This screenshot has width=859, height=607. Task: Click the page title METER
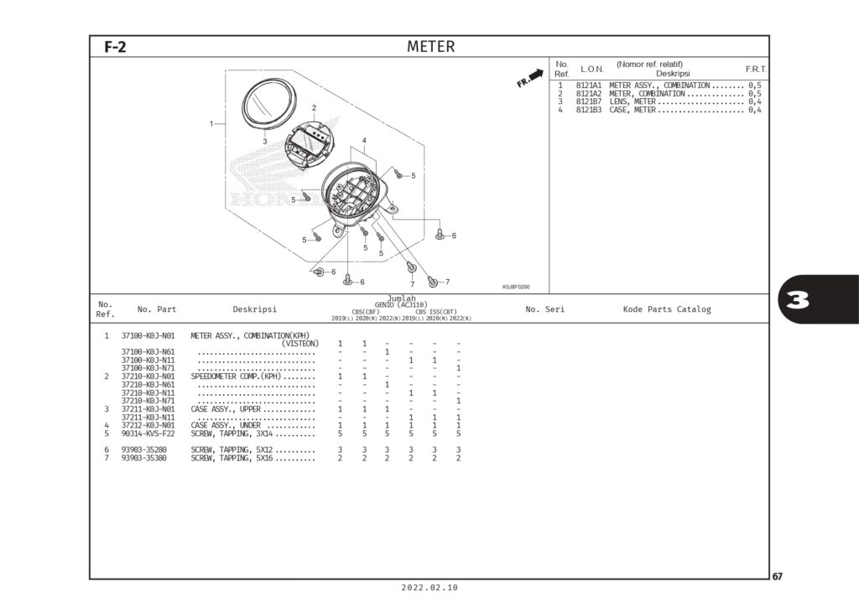(430, 47)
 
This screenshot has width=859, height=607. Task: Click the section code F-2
(115, 48)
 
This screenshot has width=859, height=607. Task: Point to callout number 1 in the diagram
(211, 124)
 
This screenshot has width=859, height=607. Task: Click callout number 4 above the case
(364, 140)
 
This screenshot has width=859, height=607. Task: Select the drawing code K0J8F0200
(516, 287)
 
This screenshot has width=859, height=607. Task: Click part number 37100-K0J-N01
(148, 335)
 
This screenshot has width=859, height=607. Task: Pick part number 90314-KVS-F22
(148, 433)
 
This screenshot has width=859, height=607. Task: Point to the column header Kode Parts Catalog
(666, 309)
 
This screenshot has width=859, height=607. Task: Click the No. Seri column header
(544, 309)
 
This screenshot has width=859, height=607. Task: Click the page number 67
(778, 577)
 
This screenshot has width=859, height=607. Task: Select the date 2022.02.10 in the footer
(429, 589)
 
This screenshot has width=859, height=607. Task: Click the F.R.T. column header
(756, 68)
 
